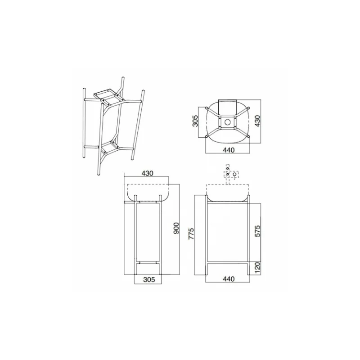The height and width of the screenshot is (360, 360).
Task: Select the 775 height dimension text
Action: tap(191, 234)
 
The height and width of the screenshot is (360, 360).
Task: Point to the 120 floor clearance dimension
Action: tap(256, 267)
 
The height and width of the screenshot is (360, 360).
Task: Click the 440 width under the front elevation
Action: tap(228, 279)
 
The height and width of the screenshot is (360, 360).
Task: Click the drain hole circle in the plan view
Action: tap(228, 121)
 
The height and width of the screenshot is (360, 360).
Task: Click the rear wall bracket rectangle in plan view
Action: tap(228, 104)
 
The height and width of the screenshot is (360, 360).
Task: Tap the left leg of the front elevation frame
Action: tap(207, 234)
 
